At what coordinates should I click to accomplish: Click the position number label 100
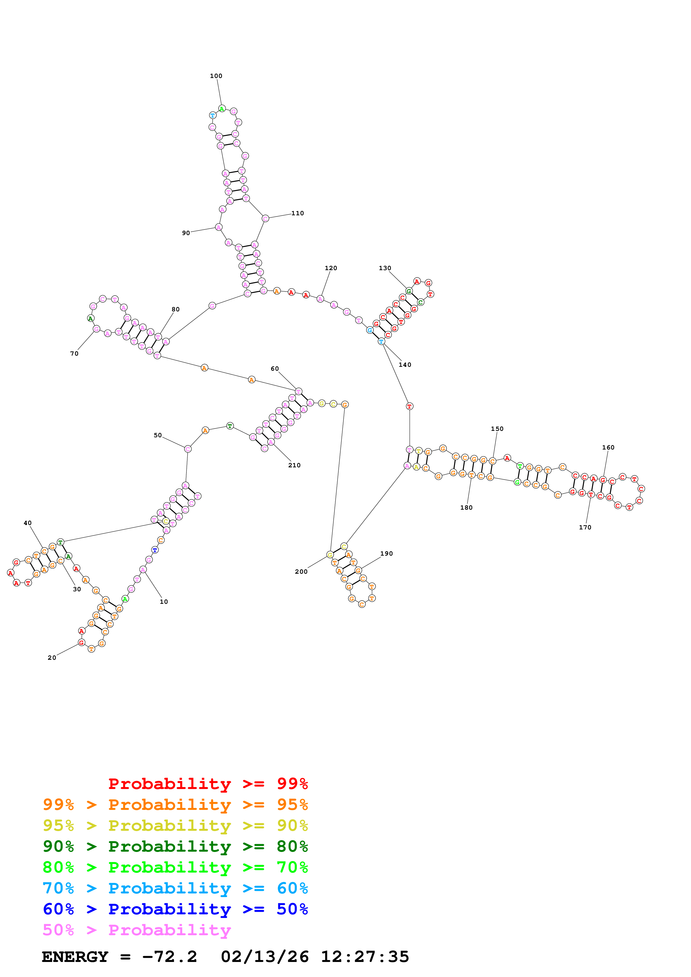point(216,76)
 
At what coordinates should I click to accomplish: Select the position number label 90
point(186,233)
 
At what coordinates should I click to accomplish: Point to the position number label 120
point(331,268)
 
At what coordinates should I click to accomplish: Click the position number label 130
point(385,268)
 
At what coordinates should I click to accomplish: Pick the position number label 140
point(405,365)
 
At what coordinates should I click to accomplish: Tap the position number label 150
point(497,429)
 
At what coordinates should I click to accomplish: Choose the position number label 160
point(608,448)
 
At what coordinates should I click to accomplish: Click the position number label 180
point(466,508)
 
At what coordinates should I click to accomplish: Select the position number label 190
point(386,554)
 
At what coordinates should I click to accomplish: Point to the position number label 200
point(301,572)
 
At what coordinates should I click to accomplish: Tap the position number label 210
point(294,465)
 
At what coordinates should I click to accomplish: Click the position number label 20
point(52,658)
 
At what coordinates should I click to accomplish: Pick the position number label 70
point(74,354)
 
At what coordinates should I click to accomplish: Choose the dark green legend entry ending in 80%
point(175,846)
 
